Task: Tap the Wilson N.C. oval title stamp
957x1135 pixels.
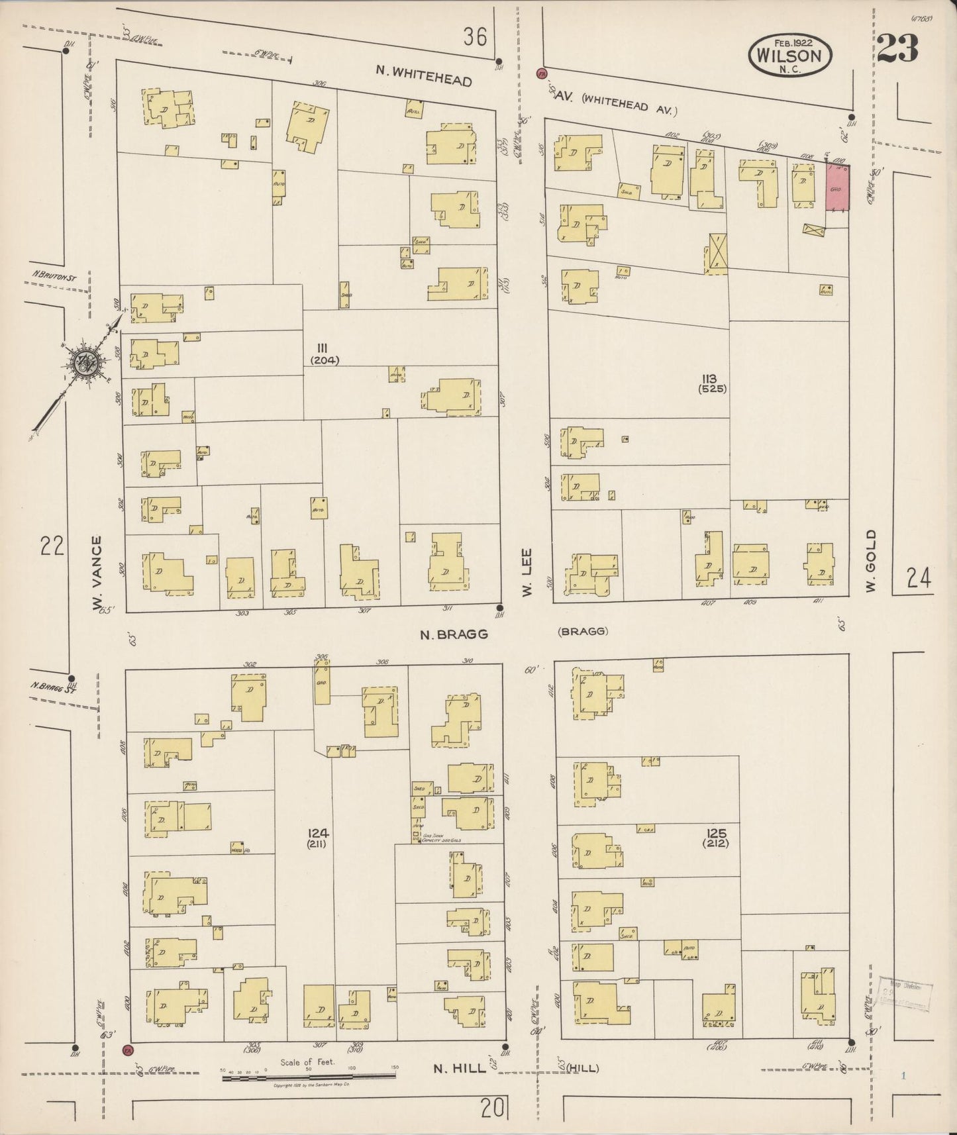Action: pos(789,56)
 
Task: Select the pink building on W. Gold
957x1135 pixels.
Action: pos(836,189)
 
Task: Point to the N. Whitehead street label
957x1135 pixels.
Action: pos(423,75)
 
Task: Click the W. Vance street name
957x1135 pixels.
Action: pos(97,574)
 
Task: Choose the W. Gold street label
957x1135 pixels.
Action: pos(870,560)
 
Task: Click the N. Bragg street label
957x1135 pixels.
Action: pos(454,634)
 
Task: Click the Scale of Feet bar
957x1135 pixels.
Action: pos(309,1077)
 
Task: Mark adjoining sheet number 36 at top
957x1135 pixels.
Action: pos(476,37)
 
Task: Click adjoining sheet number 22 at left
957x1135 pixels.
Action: pos(52,547)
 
